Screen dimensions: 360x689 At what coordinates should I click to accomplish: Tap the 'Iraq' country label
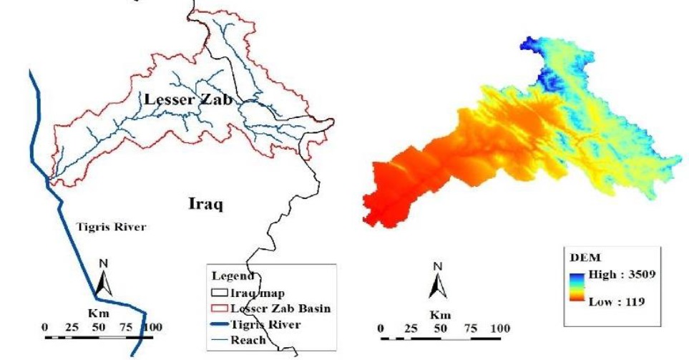pyautogui.click(x=206, y=205)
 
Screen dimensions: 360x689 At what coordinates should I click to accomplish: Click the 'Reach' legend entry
pyautogui.click(x=248, y=340)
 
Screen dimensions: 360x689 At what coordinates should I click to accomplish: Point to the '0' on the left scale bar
pyautogui.click(x=44, y=327)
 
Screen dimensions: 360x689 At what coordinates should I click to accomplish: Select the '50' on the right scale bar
pyautogui.click(x=442, y=328)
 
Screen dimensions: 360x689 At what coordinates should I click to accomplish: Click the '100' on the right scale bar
pyautogui.click(x=499, y=328)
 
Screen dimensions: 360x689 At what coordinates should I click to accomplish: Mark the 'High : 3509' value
pyautogui.click(x=619, y=274)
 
